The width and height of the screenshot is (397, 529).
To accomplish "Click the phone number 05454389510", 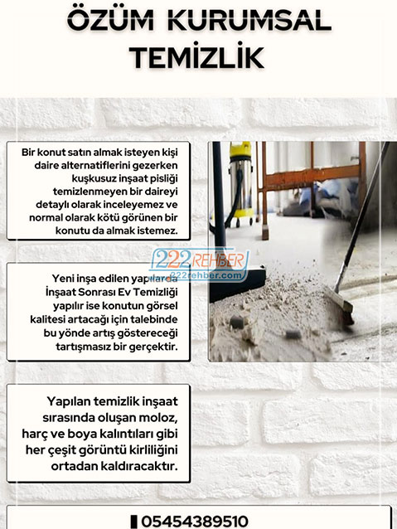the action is [x=195, y=521].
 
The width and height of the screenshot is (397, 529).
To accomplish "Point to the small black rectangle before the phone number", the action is [x=134, y=521].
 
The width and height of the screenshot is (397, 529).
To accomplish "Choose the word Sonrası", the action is [x=96, y=293].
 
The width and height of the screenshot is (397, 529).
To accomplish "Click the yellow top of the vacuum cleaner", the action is [x=240, y=150].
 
